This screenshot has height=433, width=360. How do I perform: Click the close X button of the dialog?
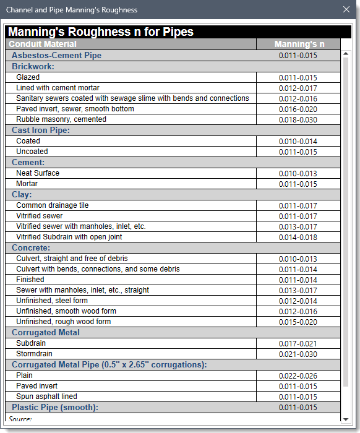click(x=346, y=10)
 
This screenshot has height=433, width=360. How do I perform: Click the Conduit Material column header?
click(x=43, y=44)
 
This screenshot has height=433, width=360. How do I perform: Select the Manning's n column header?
click(x=299, y=44)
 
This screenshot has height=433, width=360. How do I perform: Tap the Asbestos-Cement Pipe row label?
click(x=56, y=56)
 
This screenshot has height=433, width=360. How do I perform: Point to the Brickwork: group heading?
click(x=33, y=66)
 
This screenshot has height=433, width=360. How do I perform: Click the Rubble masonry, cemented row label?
click(x=61, y=119)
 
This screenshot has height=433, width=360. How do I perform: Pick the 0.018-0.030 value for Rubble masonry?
click(x=298, y=120)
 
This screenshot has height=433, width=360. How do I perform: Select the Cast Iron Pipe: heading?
click(x=40, y=131)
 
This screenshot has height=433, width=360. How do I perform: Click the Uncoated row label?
click(x=32, y=152)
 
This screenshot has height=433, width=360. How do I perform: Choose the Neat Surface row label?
click(x=38, y=173)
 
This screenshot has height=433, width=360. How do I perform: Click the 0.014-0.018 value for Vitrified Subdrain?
click(x=298, y=238)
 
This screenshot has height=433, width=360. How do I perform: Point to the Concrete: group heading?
click(x=31, y=248)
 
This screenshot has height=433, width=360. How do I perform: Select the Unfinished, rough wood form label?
click(x=64, y=322)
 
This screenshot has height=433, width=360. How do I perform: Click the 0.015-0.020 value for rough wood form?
click(x=298, y=322)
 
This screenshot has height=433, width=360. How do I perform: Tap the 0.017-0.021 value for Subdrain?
click(x=298, y=344)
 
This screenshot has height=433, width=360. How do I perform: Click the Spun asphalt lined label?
click(x=47, y=397)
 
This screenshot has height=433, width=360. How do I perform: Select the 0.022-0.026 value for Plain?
click(x=298, y=376)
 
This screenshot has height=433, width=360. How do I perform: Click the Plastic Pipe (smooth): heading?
click(x=55, y=408)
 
